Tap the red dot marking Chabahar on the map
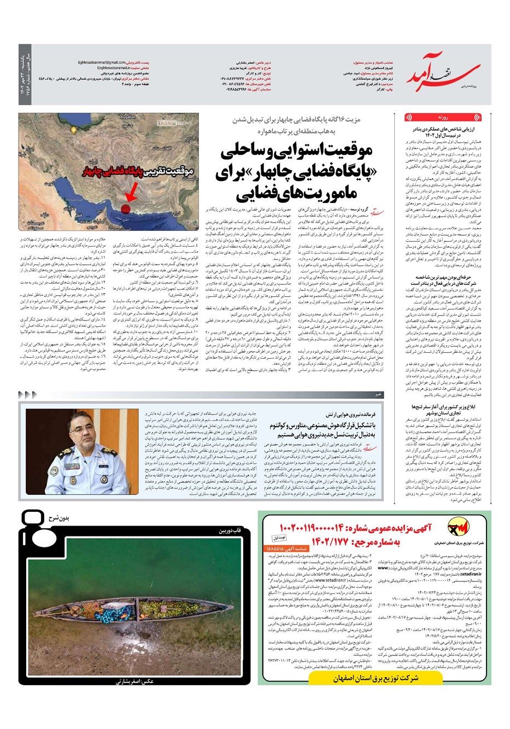click(x=125, y=208)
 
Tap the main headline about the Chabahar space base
click(x=296, y=173)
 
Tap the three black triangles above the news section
click(x=27, y=394)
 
